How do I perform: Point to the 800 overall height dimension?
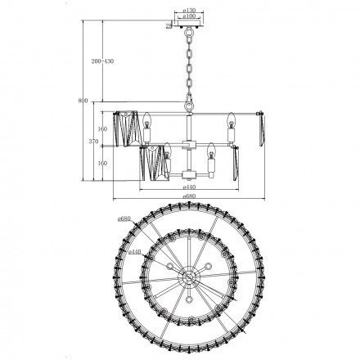82,101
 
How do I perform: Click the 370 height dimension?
93,142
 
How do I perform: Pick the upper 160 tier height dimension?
102,128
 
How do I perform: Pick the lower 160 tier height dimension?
102,162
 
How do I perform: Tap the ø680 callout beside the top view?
124,219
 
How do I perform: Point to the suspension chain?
189,65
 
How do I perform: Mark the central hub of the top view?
189,278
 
